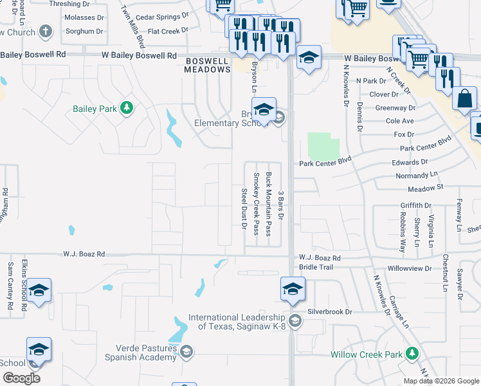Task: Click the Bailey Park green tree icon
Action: (127, 108)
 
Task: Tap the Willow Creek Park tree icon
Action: (412, 354)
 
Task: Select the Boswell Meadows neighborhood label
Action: (208, 65)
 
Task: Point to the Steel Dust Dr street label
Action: (244, 208)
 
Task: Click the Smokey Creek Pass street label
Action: (256, 203)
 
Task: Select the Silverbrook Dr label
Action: (330, 311)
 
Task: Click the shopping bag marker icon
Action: (464, 100)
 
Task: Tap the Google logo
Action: (21, 378)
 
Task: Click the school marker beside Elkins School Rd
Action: (39, 291)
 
